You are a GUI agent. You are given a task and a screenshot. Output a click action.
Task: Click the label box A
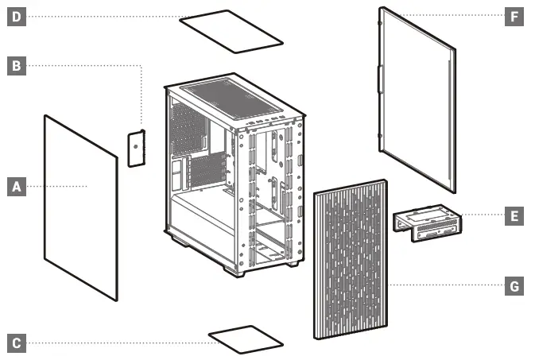pyautogui.click(x=16, y=187)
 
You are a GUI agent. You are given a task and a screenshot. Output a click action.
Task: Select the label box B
pyautogui.click(x=16, y=65)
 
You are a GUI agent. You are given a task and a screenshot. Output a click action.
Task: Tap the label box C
pyautogui.click(x=16, y=343)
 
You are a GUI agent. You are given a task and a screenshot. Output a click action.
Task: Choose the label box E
pyautogui.click(x=514, y=215)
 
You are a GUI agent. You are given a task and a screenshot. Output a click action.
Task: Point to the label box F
pyautogui.click(x=514, y=16)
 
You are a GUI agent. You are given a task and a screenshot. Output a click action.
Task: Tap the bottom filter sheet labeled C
pyautogui.click(x=246, y=339)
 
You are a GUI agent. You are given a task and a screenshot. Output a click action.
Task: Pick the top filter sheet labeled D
pyautogui.click(x=231, y=30)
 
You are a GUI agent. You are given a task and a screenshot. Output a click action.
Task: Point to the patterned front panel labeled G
pyautogui.click(x=351, y=262)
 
